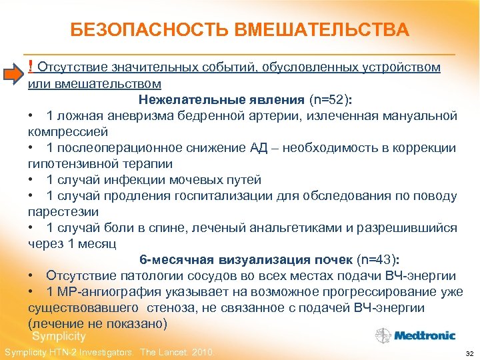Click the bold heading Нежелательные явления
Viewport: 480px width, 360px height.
(x=221, y=100)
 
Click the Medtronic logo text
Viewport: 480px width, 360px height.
(x=425, y=335)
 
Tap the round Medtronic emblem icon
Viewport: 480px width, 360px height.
(x=384, y=335)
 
